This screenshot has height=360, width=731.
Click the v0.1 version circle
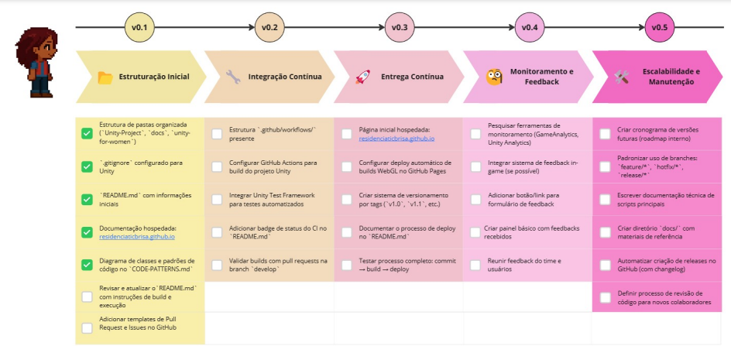[x=139, y=28]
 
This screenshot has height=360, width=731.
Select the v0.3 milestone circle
[x=400, y=28]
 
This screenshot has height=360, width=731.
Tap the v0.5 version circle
[x=659, y=28]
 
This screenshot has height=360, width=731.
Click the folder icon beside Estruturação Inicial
[x=105, y=77]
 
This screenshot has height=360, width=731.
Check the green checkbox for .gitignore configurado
[x=87, y=166]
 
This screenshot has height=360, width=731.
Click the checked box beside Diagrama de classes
[x=87, y=265]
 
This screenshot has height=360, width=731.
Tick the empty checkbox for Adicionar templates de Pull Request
[x=87, y=328]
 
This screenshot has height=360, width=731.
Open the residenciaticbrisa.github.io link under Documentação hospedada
[x=137, y=237]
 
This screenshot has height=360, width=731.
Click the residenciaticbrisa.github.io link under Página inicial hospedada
[x=396, y=139]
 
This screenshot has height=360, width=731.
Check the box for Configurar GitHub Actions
[x=217, y=167]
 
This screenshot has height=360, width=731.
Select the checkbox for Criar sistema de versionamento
[x=346, y=200]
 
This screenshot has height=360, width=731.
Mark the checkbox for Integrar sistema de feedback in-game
[x=475, y=167]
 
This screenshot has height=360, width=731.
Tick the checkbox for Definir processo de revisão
[x=605, y=298]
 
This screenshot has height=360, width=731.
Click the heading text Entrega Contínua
[x=412, y=77]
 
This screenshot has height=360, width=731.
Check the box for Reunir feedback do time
[x=475, y=265]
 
